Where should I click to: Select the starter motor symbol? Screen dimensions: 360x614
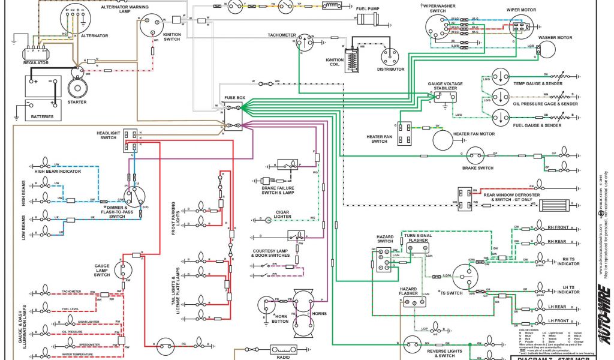(78, 88)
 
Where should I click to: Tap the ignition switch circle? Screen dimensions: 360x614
(150, 25)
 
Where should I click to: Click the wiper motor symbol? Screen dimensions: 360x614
(520, 27)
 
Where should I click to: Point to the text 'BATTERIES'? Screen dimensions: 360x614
(42, 117)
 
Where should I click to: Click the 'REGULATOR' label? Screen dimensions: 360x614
(35, 62)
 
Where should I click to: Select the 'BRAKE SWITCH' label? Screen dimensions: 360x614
(477, 168)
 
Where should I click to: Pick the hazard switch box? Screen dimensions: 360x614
(384, 260)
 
